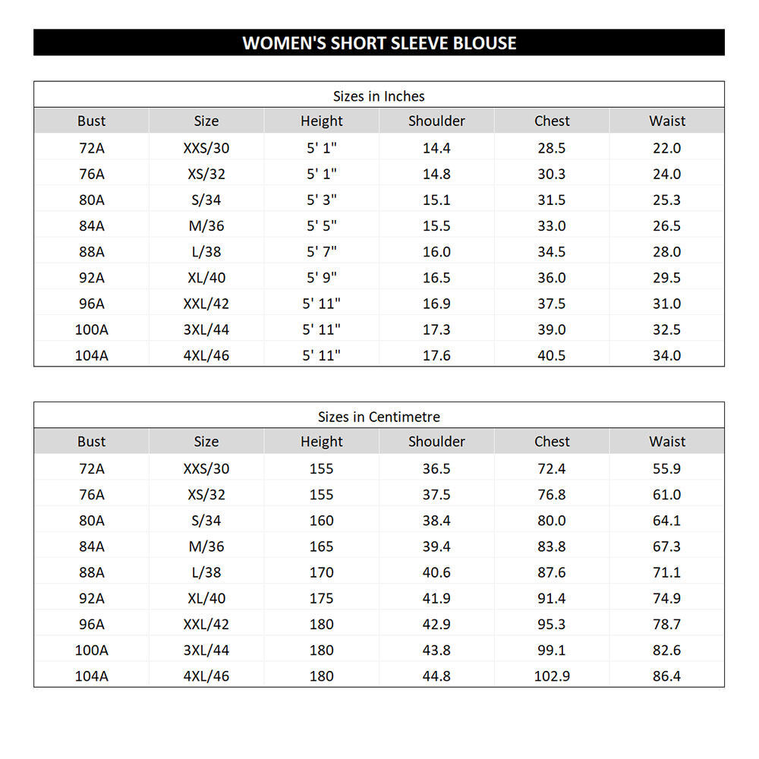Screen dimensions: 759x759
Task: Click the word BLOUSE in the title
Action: click(x=484, y=43)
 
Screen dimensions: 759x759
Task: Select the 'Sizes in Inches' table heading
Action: click(x=379, y=96)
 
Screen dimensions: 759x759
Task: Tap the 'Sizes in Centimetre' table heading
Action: click(x=379, y=417)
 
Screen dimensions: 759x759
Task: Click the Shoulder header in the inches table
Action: click(x=436, y=121)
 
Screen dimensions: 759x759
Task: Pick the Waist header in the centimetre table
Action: click(x=667, y=441)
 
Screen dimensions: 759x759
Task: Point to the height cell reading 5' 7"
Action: click(x=321, y=252)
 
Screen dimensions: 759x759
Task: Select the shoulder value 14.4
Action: click(x=436, y=148)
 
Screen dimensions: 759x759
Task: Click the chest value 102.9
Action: click(x=552, y=676)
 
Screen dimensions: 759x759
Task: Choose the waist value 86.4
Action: click(x=666, y=676)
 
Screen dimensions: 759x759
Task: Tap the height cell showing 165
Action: click(x=321, y=546)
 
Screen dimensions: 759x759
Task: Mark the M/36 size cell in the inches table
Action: click(x=206, y=226)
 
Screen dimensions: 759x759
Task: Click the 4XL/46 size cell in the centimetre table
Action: click(x=206, y=676)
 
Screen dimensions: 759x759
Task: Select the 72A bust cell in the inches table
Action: click(x=91, y=148)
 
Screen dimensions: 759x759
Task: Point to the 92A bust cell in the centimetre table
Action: click(x=91, y=598)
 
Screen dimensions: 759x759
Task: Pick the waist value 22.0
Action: click(x=666, y=148)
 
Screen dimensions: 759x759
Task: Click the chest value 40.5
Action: click(x=552, y=355)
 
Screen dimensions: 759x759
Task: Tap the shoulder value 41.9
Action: click(x=436, y=598)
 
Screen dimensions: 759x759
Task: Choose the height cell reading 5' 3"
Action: click(x=321, y=200)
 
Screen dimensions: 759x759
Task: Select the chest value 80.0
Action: click(x=552, y=521)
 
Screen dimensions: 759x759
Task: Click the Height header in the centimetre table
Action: click(x=321, y=441)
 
